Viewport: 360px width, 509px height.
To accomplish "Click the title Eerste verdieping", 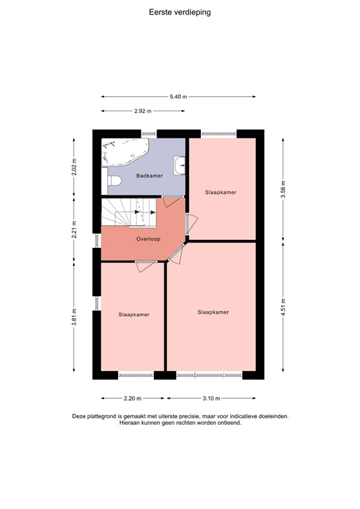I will pos(180,11).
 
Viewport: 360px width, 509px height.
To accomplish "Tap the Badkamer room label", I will pos(149,176).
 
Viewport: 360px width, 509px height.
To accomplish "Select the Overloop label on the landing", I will pos(149,238).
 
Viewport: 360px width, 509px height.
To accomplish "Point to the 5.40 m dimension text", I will pos(178,97).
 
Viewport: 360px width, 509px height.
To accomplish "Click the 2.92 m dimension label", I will pos(143,111).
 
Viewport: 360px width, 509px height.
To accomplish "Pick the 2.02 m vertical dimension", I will pos(74,166).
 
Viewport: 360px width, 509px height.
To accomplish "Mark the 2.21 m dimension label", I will pos(74,229).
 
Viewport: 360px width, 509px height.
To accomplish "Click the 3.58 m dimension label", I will pos(283,190).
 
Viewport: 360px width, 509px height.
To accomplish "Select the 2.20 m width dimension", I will pos(133,398).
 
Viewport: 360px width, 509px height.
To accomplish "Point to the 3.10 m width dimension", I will pos(211,398).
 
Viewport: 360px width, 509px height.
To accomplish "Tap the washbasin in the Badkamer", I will pos(179,164).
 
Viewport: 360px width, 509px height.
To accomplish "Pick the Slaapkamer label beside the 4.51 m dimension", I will pos(213,311).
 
